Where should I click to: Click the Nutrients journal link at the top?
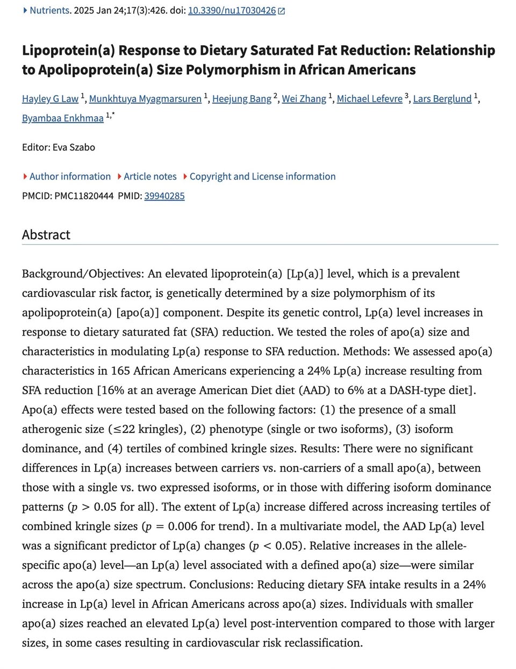click(49, 10)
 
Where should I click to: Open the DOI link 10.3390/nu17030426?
click(232, 10)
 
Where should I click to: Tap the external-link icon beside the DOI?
click(282, 11)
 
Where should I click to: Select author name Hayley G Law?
click(50, 98)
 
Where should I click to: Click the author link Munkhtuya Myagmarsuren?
click(145, 98)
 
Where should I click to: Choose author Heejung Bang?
click(241, 98)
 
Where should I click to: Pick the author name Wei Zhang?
click(304, 98)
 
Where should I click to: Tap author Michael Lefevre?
click(369, 98)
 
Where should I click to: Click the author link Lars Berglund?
click(442, 98)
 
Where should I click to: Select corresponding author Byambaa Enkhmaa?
click(62, 118)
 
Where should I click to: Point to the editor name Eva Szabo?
click(74, 147)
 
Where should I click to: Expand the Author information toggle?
click(69, 176)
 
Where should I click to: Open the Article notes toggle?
click(149, 176)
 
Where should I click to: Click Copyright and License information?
click(262, 176)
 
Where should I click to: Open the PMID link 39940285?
click(164, 196)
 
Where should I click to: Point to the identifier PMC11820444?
click(84, 196)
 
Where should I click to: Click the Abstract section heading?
click(46, 234)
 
